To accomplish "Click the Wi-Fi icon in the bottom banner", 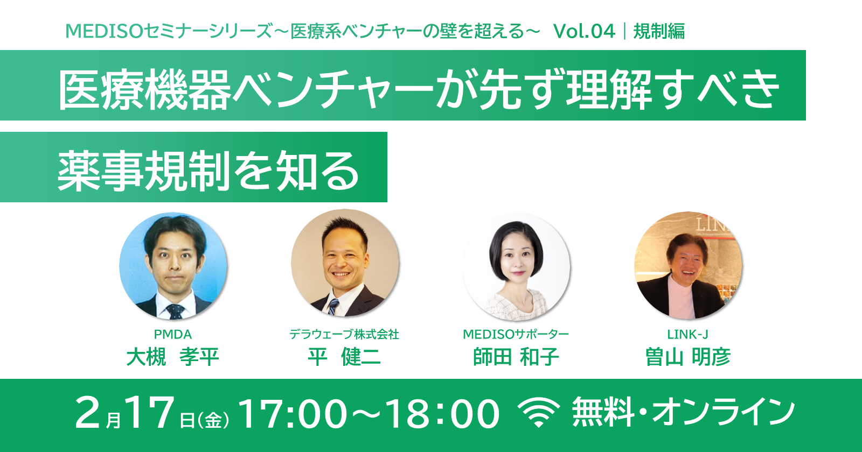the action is pos(539,412).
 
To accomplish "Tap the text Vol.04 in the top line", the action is pos(584,31).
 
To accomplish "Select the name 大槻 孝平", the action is pos(173,357).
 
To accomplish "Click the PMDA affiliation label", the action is pos(173,334).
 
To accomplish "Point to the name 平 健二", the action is pos(344,357).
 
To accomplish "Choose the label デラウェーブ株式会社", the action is pos(344,334).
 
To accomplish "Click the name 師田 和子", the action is pos(516,357).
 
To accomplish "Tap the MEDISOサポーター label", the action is pos(516,334).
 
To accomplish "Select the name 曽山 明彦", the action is pos(688,357).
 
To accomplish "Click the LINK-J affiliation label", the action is pos(687,334).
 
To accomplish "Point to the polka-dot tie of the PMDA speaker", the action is pos(175,311).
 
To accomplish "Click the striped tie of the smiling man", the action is pos(333,307).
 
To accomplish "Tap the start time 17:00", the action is pos(293,413).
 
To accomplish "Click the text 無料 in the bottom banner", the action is pos(603,412).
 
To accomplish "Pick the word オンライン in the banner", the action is pos(724,412).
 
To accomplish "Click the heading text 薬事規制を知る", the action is pos(208,171).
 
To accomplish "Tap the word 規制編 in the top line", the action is pos(659,31).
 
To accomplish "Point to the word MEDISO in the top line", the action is pos(105,31).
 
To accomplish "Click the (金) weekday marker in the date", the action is pos(213,419).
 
